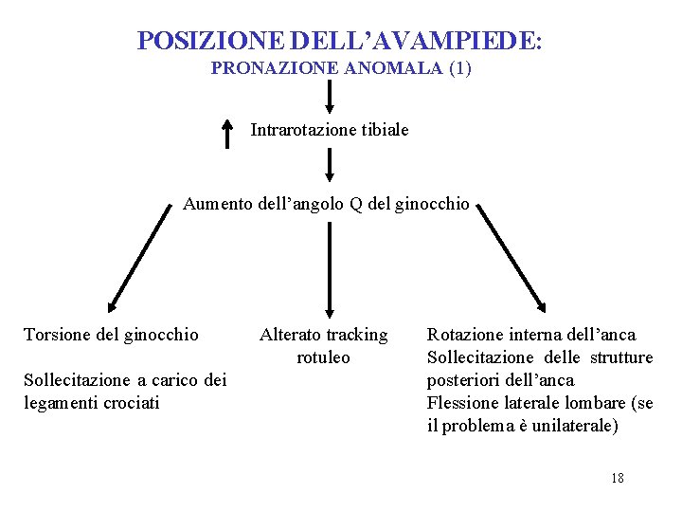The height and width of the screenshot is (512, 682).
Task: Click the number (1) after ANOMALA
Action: [x=459, y=68]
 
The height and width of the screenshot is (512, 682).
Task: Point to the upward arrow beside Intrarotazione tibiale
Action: [x=226, y=133]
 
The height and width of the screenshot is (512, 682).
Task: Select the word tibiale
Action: [x=385, y=129]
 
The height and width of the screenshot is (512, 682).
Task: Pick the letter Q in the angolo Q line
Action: [x=356, y=203]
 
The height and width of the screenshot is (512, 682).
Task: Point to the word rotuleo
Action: [x=323, y=357]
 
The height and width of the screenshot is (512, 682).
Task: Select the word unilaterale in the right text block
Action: [x=571, y=426]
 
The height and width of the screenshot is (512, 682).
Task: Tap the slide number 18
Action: [x=617, y=478]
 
